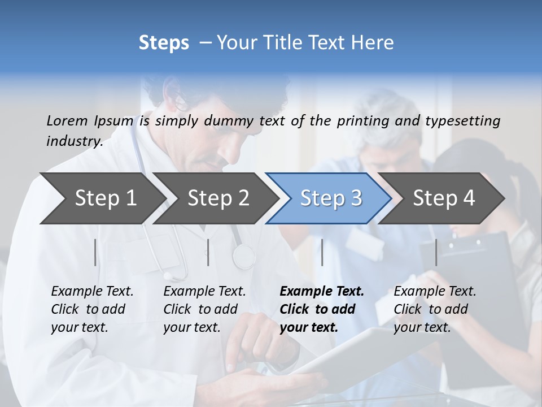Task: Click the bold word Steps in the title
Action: coord(164,43)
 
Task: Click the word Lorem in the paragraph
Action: coord(67,120)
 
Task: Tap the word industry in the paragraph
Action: coord(74,141)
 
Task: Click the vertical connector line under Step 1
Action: coord(95,252)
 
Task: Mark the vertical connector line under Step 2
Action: coord(208,252)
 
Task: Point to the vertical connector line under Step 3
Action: coord(322,252)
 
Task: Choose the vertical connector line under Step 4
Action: coord(436,252)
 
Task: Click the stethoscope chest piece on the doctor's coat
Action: coord(244,256)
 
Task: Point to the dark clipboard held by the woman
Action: coord(480,266)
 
